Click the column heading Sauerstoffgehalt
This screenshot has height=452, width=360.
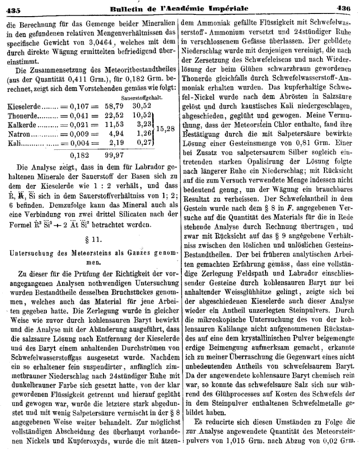142,97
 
